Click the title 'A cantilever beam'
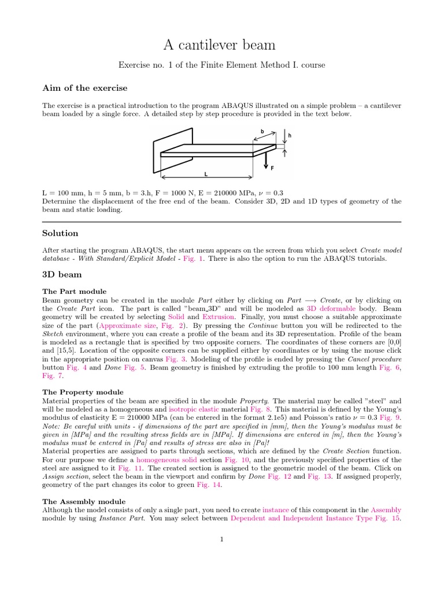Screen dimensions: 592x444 coord(221,45)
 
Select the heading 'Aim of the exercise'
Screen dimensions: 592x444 coord(84,88)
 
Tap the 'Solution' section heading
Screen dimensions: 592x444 coord(60,233)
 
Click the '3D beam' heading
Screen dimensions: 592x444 coord(62,275)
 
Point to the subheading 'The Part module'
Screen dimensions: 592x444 coord(74,291)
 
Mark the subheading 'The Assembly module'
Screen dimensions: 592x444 coord(84,501)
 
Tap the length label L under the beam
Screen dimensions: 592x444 coord(206,173)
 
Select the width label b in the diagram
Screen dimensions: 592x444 coord(261,132)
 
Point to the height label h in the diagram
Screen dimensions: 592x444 coord(289,136)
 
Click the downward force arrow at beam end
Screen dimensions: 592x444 coord(265,161)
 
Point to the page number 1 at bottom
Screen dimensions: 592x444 coord(221,539)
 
